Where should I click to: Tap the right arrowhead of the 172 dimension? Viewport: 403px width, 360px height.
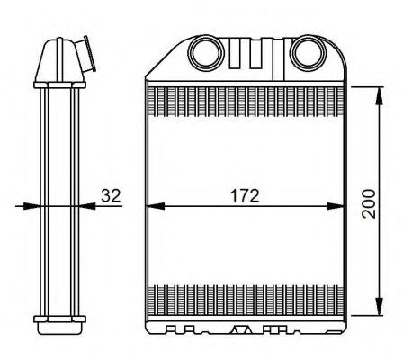click(x=339, y=206)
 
